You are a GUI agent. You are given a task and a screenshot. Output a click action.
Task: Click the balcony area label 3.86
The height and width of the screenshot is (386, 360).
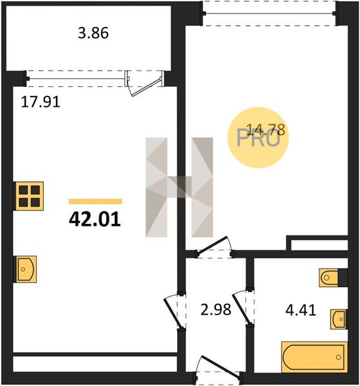click(93, 33)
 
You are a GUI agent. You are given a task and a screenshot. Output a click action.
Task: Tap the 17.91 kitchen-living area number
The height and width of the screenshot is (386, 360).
click(41, 102)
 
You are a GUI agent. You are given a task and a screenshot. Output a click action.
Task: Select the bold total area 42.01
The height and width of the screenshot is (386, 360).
click(95, 219)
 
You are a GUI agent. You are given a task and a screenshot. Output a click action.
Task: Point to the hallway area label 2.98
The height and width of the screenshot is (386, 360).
click(216, 309)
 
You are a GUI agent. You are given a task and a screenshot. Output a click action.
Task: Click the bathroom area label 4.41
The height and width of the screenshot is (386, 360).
click(301, 310)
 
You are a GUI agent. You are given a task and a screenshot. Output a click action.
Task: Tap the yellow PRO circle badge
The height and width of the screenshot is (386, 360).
click(258, 138)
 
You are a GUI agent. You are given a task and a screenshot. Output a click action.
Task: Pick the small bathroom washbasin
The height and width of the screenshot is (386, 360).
click(338, 319)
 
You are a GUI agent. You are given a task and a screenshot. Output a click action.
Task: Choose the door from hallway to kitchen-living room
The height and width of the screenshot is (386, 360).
click(175, 311)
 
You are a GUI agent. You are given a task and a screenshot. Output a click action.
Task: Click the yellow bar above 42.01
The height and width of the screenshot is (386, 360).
click(95, 201)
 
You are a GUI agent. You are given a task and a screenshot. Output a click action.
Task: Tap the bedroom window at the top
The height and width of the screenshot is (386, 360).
click(269, 13)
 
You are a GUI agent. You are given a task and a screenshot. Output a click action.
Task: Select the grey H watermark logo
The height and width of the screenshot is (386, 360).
click(180, 187)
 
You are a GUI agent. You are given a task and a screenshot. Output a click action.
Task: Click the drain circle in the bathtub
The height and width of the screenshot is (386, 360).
click(339, 357)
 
